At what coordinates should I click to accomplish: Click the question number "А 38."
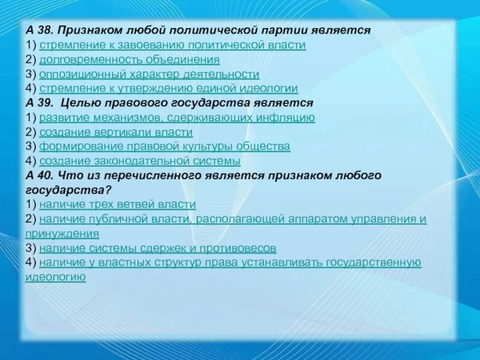click(40, 30)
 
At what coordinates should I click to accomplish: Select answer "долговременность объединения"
click(129, 60)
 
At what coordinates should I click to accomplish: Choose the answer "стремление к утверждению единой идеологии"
click(168, 89)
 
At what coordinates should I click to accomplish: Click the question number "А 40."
click(40, 176)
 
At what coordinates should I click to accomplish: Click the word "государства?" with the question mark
click(67, 190)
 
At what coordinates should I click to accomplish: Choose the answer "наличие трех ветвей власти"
click(117, 205)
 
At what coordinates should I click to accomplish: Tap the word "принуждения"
click(62, 233)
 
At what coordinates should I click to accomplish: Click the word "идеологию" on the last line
click(55, 277)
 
